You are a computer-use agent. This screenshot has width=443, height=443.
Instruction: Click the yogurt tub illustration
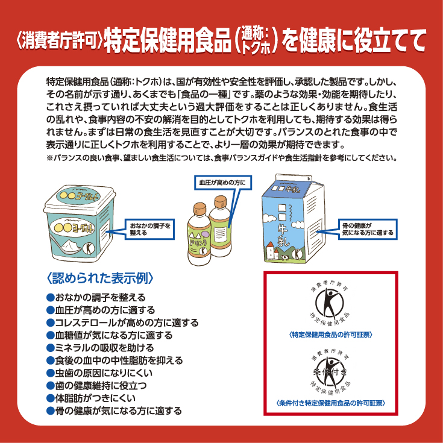(80, 223)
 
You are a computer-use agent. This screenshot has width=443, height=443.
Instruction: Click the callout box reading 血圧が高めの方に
(222, 183)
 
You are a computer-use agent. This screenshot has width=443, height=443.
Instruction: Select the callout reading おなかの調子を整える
(149, 229)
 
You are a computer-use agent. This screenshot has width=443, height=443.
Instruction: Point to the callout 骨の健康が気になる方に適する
(368, 229)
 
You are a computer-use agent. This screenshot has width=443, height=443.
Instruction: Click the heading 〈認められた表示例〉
(100, 278)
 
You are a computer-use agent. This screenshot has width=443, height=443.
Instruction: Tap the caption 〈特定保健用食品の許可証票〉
(330, 335)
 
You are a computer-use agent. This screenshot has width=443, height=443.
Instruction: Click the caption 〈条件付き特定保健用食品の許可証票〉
(330, 403)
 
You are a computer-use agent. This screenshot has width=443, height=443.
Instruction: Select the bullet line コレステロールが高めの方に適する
(122, 322)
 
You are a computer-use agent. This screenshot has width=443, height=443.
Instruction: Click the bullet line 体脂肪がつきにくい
(91, 398)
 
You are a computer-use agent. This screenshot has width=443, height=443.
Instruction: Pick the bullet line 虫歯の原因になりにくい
(99, 373)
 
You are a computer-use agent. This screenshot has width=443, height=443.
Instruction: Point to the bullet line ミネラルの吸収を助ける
(100, 348)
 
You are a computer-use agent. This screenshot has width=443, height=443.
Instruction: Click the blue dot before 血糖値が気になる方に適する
(50, 335)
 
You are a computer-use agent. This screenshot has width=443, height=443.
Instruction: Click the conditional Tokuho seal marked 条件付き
(330, 372)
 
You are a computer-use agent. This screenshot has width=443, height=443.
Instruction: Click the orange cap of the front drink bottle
(200, 209)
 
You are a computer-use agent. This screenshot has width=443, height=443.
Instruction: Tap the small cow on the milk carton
(284, 257)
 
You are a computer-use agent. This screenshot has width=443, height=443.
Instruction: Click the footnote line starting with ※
(222, 158)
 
